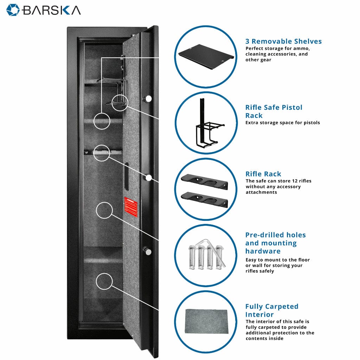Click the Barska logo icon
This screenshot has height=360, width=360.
[13, 10]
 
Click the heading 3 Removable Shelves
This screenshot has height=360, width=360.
[283, 41]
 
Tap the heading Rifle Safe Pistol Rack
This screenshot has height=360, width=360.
[274, 111]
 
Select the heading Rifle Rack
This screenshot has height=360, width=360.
[263, 174]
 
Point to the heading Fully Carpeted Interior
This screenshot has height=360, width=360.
[271, 310]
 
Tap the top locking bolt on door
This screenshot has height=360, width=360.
[149, 98]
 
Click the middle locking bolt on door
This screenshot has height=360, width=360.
[149, 178]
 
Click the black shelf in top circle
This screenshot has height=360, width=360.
[206, 56]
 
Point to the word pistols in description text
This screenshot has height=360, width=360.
[311, 123]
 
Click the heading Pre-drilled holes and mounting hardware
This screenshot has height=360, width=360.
[275, 243]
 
